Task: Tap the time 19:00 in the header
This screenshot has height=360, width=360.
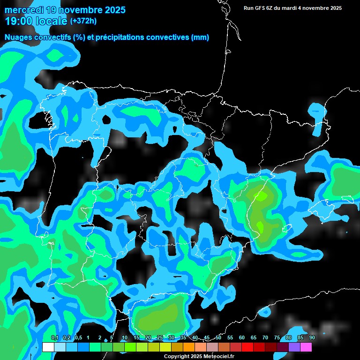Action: point(18,21)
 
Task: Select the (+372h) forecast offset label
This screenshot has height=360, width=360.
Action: point(83,21)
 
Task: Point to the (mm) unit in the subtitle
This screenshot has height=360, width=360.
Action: point(200,37)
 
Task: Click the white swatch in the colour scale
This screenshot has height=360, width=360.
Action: point(48,347)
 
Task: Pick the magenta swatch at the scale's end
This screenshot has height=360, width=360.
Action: point(306,347)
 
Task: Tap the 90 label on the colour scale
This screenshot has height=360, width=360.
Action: point(312,337)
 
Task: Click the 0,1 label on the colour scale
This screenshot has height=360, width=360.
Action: point(54,337)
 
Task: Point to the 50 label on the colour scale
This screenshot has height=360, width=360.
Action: point(218,337)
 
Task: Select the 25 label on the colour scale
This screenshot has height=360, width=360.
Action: point(160,337)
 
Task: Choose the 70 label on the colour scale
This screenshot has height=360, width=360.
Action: point(265,337)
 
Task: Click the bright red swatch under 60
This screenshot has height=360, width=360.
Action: point(247,347)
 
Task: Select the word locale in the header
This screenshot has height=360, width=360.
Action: point(50,21)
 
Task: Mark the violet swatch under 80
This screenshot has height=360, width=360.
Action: point(294,347)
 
